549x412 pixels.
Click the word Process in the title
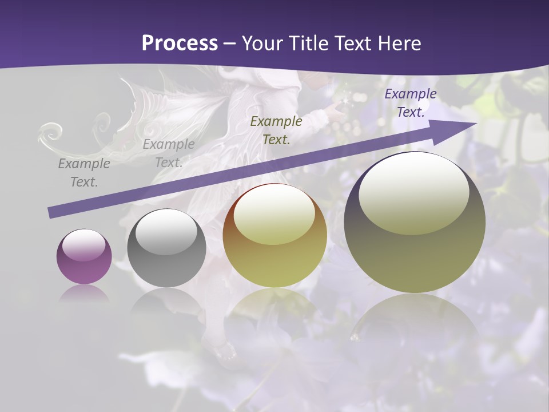coord(180,43)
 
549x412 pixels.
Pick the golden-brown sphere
coord(274,235)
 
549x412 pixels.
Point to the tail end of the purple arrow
coord(51,212)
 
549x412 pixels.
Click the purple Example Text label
coord(411,103)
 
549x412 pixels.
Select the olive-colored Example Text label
coord(276,130)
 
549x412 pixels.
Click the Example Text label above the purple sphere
coord(84,173)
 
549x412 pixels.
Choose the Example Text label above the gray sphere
coord(169,153)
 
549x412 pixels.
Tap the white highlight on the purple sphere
coord(84,245)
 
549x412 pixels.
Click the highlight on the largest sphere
coord(413,192)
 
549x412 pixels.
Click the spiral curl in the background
coord(51,133)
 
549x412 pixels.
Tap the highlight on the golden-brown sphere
coord(274,215)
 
